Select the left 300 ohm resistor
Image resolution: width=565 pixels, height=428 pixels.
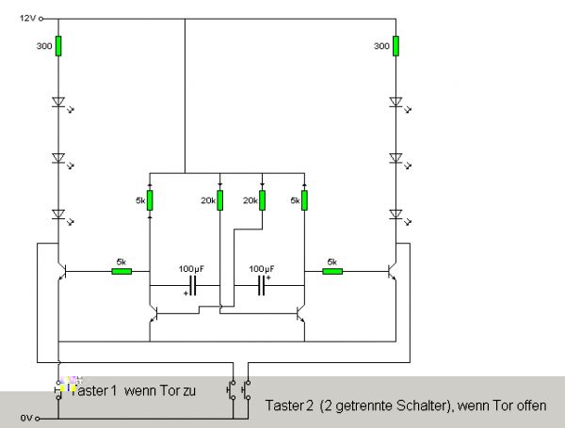(58, 46)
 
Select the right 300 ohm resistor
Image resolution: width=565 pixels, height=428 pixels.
(396, 46)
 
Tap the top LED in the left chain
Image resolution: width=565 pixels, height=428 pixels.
(58, 101)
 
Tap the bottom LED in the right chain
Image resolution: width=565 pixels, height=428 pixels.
(396, 214)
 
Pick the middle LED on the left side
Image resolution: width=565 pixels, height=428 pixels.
(58, 157)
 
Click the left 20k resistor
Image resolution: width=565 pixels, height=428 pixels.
(218, 200)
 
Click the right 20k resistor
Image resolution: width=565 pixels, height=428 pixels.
(262, 200)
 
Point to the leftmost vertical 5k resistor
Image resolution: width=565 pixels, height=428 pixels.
(150, 200)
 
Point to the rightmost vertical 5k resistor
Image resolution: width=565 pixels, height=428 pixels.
(304, 200)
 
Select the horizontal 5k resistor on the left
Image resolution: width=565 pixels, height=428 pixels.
(121, 272)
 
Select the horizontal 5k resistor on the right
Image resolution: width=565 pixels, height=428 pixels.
(331, 272)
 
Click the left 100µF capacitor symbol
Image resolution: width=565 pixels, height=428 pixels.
(193, 285)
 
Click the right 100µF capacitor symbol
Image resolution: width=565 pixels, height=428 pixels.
(262, 285)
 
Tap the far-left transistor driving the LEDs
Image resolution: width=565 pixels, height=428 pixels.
(62, 272)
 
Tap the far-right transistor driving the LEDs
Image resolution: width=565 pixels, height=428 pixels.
(393, 272)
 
